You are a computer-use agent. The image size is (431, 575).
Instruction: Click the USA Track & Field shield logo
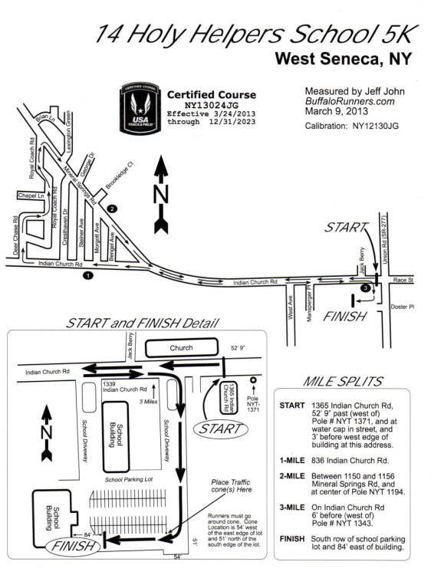click(140, 108)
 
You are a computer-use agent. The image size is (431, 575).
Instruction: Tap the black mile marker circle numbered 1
click(87, 275)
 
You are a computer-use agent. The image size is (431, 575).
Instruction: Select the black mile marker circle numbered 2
click(111, 209)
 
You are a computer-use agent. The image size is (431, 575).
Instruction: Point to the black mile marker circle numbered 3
click(365, 288)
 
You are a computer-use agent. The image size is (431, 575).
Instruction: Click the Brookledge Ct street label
click(119, 175)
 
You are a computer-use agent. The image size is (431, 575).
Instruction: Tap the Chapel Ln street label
click(31, 195)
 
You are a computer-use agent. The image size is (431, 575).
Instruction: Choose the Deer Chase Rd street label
click(15, 235)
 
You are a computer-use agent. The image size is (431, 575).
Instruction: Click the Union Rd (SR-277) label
click(384, 239)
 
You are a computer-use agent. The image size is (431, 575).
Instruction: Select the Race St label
click(403, 280)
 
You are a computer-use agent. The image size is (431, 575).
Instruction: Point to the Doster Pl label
click(403, 307)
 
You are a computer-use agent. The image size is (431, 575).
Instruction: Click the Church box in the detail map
click(182, 347)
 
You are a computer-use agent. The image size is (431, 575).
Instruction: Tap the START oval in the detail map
click(220, 429)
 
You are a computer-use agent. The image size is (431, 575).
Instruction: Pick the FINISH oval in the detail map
click(74, 546)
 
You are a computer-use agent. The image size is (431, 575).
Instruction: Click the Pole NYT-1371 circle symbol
click(253, 380)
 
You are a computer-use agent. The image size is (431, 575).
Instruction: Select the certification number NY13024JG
click(211, 106)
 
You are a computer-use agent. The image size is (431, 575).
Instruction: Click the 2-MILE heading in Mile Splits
click(292, 476)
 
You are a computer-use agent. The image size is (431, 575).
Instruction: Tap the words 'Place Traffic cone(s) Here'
click(231, 486)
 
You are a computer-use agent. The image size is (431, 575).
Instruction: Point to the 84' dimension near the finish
click(87, 534)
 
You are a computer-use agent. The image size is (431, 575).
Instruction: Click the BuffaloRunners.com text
click(350, 101)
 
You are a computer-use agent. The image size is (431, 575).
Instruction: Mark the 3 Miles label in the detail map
click(148, 402)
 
